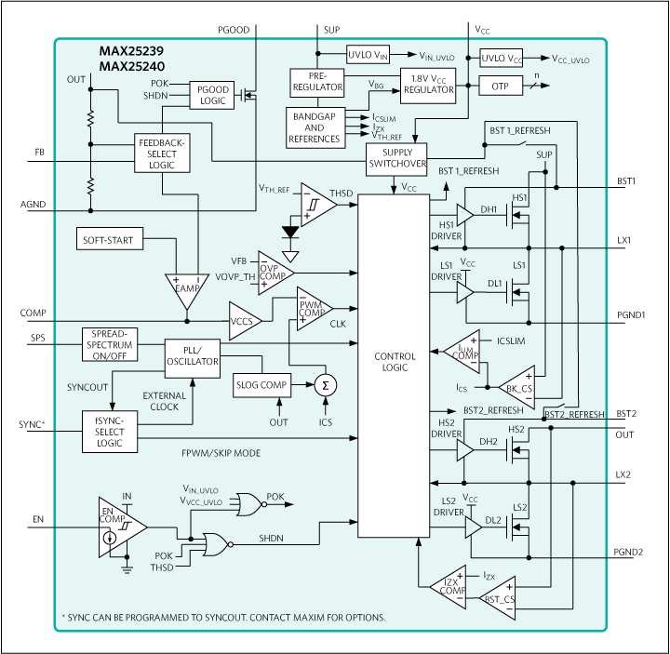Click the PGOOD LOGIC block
tap(212, 95)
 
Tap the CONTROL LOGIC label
tap(395, 362)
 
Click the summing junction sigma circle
tap(326, 385)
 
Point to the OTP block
tap(501, 86)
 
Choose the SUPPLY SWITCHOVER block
tap(396, 159)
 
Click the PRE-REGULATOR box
tap(317, 83)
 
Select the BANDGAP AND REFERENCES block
tap(315, 127)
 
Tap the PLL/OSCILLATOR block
tap(193, 358)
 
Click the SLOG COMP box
tap(261, 385)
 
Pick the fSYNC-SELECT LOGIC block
tap(110, 432)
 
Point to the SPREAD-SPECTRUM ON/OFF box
tap(110, 344)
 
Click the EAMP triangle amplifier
tap(187, 289)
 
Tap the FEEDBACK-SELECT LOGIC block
tap(162, 153)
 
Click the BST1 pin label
tap(626, 181)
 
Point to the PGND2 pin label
tap(628, 552)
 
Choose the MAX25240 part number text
tap(132, 66)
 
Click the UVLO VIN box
tap(368, 55)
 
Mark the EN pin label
tap(38, 519)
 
